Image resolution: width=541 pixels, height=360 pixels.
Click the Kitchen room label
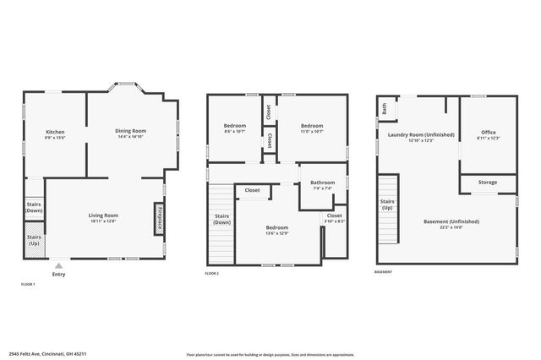coord(55,133)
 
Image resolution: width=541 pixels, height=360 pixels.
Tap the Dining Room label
coord(131,131)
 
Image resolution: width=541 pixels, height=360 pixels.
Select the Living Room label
coord(103,215)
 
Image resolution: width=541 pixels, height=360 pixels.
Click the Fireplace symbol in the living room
coord(158,218)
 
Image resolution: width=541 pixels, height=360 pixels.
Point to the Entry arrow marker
coord(58,265)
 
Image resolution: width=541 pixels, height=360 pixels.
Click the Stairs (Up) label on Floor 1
coord(34,240)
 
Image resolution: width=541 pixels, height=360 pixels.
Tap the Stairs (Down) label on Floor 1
coord(34,207)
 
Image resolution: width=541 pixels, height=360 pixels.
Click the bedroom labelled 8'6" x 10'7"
coord(233,128)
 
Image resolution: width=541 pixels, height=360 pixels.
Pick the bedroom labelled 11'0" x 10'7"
coord(312,128)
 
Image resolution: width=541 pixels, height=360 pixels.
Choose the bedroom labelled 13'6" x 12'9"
coord(276,230)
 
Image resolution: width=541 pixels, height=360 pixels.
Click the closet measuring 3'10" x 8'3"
coord(335,218)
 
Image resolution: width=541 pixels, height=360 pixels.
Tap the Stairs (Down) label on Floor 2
coord(222,220)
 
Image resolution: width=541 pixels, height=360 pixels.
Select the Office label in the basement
coord(489,134)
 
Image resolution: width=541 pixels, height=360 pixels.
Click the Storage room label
coord(488,182)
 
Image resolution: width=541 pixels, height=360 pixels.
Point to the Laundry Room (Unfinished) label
coord(420,136)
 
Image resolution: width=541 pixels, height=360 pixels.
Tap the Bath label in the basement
coord(385,108)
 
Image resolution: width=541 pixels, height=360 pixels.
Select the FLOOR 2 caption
coord(212,273)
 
